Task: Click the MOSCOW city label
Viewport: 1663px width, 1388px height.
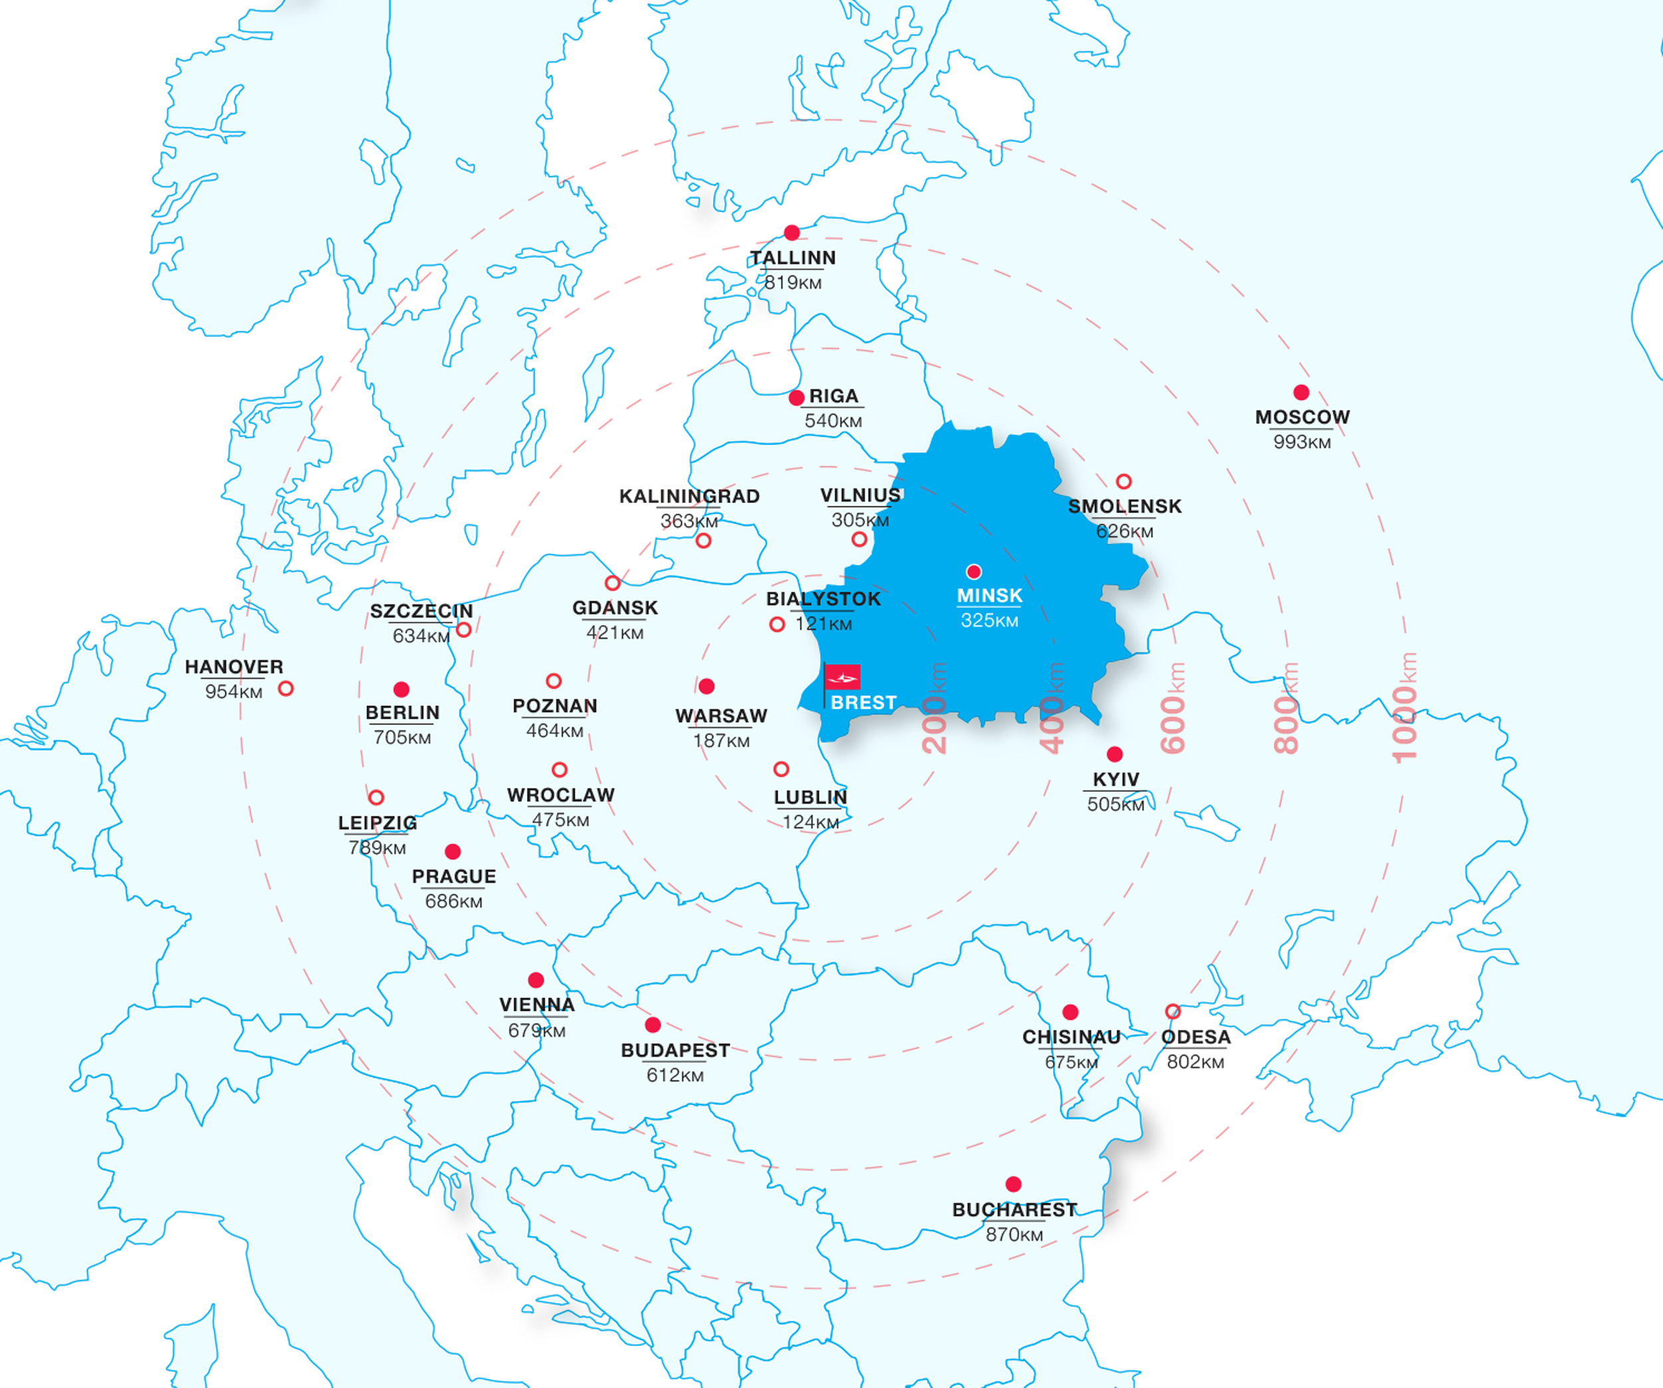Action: [x=1302, y=417]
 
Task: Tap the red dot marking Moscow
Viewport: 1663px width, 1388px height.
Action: [x=1301, y=392]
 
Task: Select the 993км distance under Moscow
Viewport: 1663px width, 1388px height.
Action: [x=1302, y=442]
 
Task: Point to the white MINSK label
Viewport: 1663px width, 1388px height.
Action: [x=989, y=595]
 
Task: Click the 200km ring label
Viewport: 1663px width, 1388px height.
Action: [x=935, y=707]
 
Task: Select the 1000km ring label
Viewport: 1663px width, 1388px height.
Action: [x=1405, y=707]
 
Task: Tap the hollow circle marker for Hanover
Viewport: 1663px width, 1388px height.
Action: [x=286, y=689]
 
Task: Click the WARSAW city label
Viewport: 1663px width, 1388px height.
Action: [x=720, y=715]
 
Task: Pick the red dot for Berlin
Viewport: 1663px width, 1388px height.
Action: [x=402, y=689]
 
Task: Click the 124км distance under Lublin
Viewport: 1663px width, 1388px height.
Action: [x=810, y=822]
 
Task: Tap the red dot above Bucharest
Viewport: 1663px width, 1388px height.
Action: [x=1013, y=1184]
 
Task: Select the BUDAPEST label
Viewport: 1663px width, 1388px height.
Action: [x=675, y=1051]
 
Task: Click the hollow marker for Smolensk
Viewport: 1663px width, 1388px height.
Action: [x=1124, y=482]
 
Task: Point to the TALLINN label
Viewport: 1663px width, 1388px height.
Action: [x=793, y=258]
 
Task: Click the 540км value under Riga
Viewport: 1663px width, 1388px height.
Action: [x=833, y=421]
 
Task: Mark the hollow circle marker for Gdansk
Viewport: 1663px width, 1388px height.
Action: [x=612, y=583]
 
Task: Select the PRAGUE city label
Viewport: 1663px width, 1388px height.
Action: [x=454, y=876]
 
